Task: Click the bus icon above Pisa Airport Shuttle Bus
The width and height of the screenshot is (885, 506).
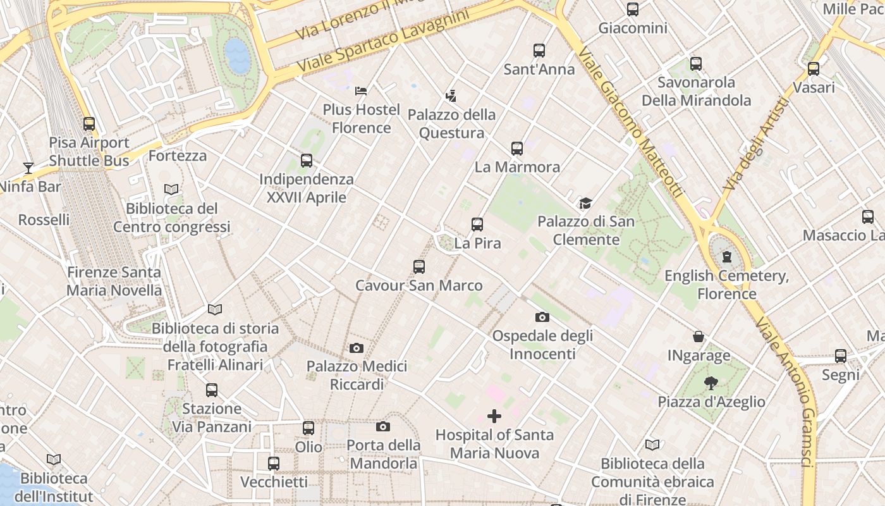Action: click(89, 124)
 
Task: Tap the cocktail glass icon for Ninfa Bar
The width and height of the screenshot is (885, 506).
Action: click(28, 168)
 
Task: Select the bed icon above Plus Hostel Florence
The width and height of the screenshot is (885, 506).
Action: click(361, 91)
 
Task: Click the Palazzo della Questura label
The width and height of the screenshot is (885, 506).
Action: click(451, 123)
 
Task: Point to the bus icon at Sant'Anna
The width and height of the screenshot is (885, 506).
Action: click(539, 51)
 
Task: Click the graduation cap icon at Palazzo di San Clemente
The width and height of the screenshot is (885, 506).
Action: click(585, 204)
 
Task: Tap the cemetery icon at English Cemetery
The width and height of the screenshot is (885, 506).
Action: click(727, 257)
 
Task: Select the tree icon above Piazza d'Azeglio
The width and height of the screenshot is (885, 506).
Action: click(711, 383)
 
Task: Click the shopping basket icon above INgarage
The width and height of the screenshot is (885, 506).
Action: click(699, 336)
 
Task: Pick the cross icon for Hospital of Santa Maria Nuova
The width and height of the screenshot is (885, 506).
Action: click(494, 416)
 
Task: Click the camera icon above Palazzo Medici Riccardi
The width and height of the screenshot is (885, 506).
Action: click(357, 348)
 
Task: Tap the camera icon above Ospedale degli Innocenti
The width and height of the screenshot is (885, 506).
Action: click(542, 317)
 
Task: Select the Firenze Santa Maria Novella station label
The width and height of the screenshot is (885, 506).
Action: click(114, 281)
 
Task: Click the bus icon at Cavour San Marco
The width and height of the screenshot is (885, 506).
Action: click(418, 267)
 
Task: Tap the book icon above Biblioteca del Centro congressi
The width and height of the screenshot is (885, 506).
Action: click(171, 189)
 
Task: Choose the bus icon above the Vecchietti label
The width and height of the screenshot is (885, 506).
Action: click(274, 464)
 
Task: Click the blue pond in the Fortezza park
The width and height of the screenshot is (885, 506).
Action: click(238, 55)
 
